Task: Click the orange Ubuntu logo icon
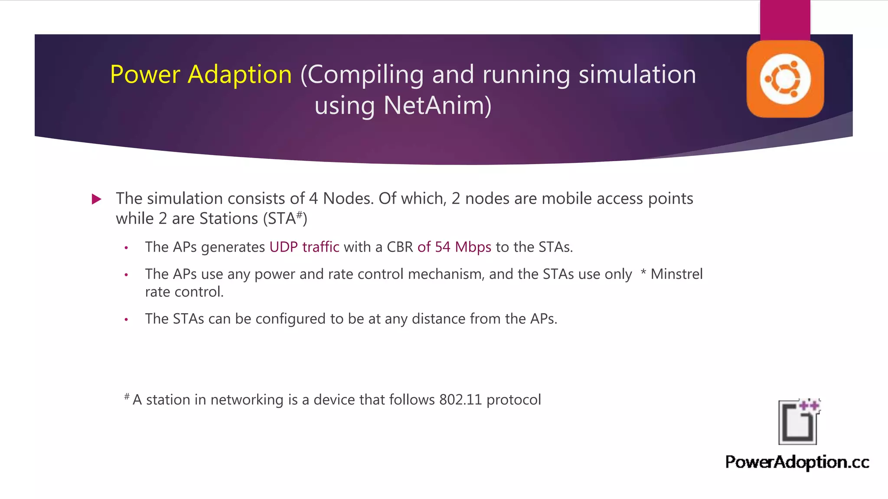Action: tap(785, 79)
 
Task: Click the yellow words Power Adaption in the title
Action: tap(201, 75)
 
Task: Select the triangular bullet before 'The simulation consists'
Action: tap(97, 199)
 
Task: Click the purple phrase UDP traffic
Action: tap(304, 247)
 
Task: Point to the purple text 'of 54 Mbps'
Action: tap(454, 247)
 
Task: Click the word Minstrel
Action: tap(676, 274)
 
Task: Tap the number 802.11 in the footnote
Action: tap(460, 399)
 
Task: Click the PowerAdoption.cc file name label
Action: tap(797, 462)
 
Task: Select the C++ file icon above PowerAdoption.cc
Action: tap(799, 422)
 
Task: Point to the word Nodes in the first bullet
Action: tap(347, 198)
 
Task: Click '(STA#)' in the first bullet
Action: tap(285, 218)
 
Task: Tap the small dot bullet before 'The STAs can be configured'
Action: tap(126, 320)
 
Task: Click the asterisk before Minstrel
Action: tap(643, 273)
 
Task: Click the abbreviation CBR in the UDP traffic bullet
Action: tap(399, 247)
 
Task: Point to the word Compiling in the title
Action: tap(366, 75)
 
